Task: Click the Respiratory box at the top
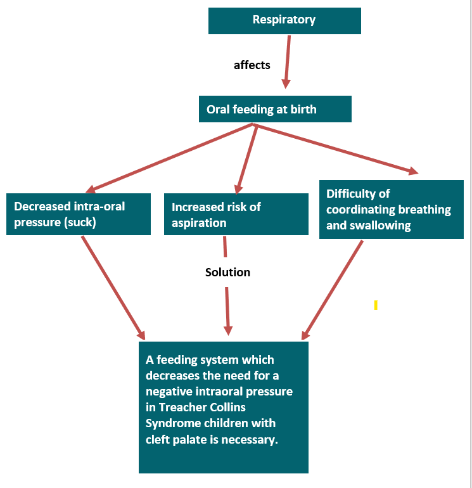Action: point(284,20)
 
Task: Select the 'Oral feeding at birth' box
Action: point(275,109)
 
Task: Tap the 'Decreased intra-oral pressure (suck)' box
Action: point(79,214)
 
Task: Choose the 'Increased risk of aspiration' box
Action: point(236,214)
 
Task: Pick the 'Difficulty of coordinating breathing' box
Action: point(391,209)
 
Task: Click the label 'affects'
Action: point(252,65)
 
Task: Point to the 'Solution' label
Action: point(227,272)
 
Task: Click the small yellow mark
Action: point(376,305)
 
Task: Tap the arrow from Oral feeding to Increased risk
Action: point(246,158)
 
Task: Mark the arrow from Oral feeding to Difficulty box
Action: point(336,148)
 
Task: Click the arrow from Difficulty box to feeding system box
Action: point(333,289)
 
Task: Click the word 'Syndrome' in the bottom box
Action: point(172,423)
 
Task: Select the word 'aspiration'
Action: point(199,223)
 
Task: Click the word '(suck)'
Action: point(78,222)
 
